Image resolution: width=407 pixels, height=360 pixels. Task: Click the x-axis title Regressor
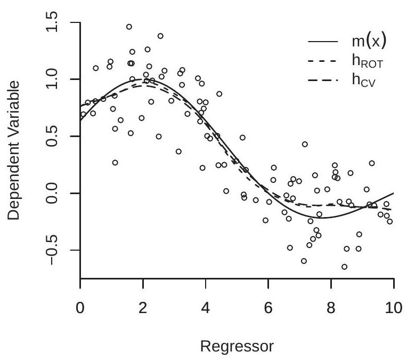[x=237, y=347]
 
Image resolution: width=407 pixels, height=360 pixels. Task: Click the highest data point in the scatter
[x=129, y=27]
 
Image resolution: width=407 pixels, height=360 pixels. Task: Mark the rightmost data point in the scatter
[x=389, y=221]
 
